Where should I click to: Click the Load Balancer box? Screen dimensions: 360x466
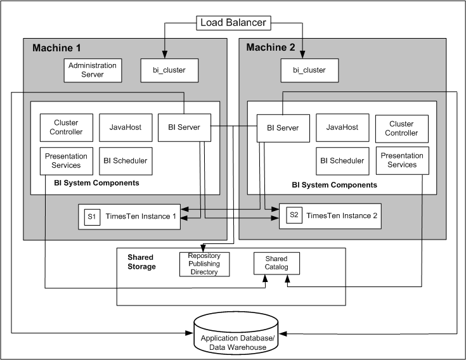tap(234, 23)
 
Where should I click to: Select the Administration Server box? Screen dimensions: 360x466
tap(93, 70)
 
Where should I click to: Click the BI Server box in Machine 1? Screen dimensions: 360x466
tap(184, 127)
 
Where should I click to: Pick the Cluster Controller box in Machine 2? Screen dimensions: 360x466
tap(401, 128)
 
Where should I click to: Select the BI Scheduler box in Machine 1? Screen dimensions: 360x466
tap(125, 161)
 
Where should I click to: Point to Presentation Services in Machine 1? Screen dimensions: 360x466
tap(63, 161)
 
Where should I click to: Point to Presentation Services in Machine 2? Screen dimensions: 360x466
tap(402, 160)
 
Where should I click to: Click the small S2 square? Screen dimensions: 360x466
tap(294, 215)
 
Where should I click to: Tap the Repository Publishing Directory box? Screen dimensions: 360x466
tap(204, 263)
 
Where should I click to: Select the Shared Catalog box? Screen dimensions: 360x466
tap(276, 263)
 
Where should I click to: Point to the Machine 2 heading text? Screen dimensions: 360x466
tap(271, 48)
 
